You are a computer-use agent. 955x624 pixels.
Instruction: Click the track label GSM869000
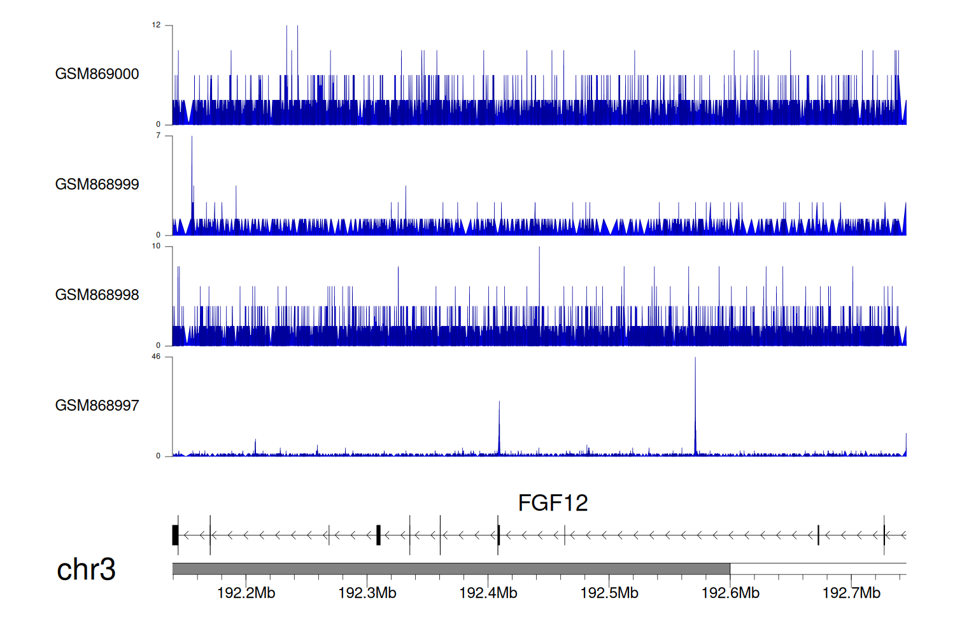pyautogui.click(x=97, y=74)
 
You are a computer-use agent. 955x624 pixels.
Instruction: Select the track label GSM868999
pyautogui.click(x=97, y=185)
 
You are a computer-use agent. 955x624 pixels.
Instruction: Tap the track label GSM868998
pyautogui.click(x=97, y=295)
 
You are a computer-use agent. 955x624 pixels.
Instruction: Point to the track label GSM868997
pyautogui.click(x=97, y=406)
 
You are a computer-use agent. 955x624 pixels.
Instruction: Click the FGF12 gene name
pyautogui.click(x=553, y=503)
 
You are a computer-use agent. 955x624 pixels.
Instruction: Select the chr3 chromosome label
pyautogui.click(x=86, y=569)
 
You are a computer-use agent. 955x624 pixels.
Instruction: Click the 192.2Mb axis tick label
pyautogui.click(x=246, y=593)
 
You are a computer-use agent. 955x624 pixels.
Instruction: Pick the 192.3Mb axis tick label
pyautogui.click(x=367, y=593)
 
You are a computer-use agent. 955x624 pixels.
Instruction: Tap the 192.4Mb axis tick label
pyautogui.click(x=488, y=593)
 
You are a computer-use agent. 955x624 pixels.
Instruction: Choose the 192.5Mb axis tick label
pyautogui.click(x=609, y=593)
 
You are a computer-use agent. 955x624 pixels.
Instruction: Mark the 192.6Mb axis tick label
pyautogui.click(x=730, y=593)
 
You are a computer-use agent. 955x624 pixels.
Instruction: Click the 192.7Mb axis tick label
pyautogui.click(x=851, y=593)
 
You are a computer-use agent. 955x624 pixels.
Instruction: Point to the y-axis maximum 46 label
pyautogui.click(x=156, y=357)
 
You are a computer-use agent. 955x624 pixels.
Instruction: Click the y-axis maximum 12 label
pyautogui.click(x=156, y=25)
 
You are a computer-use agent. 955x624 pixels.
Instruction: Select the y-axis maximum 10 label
pyautogui.click(x=156, y=246)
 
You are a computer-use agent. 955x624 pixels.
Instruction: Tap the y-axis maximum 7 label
pyautogui.click(x=158, y=136)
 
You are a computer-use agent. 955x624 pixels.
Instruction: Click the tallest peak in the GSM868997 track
pyautogui.click(x=695, y=360)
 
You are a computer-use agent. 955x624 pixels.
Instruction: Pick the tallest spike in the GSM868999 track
pyautogui.click(x=192, y=139)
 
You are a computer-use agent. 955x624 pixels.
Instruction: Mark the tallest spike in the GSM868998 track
pyautogui.click(x=539, y=250)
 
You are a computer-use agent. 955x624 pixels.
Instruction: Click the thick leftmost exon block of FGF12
pyautogui.click(x=175, y=535)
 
